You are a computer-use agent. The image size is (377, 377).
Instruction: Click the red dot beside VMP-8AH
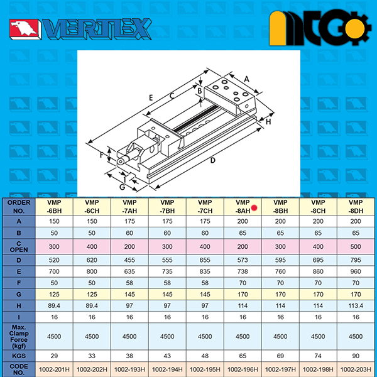(x=254, y=207)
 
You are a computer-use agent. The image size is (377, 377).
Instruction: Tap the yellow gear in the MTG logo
(x=354, y=28)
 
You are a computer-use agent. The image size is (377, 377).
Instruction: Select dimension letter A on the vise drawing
(x=246, y=79)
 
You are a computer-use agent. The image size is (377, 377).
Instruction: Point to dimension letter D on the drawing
(x=213, y=160)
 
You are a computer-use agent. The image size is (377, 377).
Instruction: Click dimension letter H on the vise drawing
(x=268, y=122)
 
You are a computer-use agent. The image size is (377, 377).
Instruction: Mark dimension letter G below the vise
(x=122, y=187)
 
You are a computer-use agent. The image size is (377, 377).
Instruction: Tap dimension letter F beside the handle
(x=101, y=155)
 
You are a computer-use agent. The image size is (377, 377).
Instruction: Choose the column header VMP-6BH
(x=54, y=207)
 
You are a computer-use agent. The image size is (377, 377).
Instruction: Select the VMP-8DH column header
(x=356, y=207)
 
